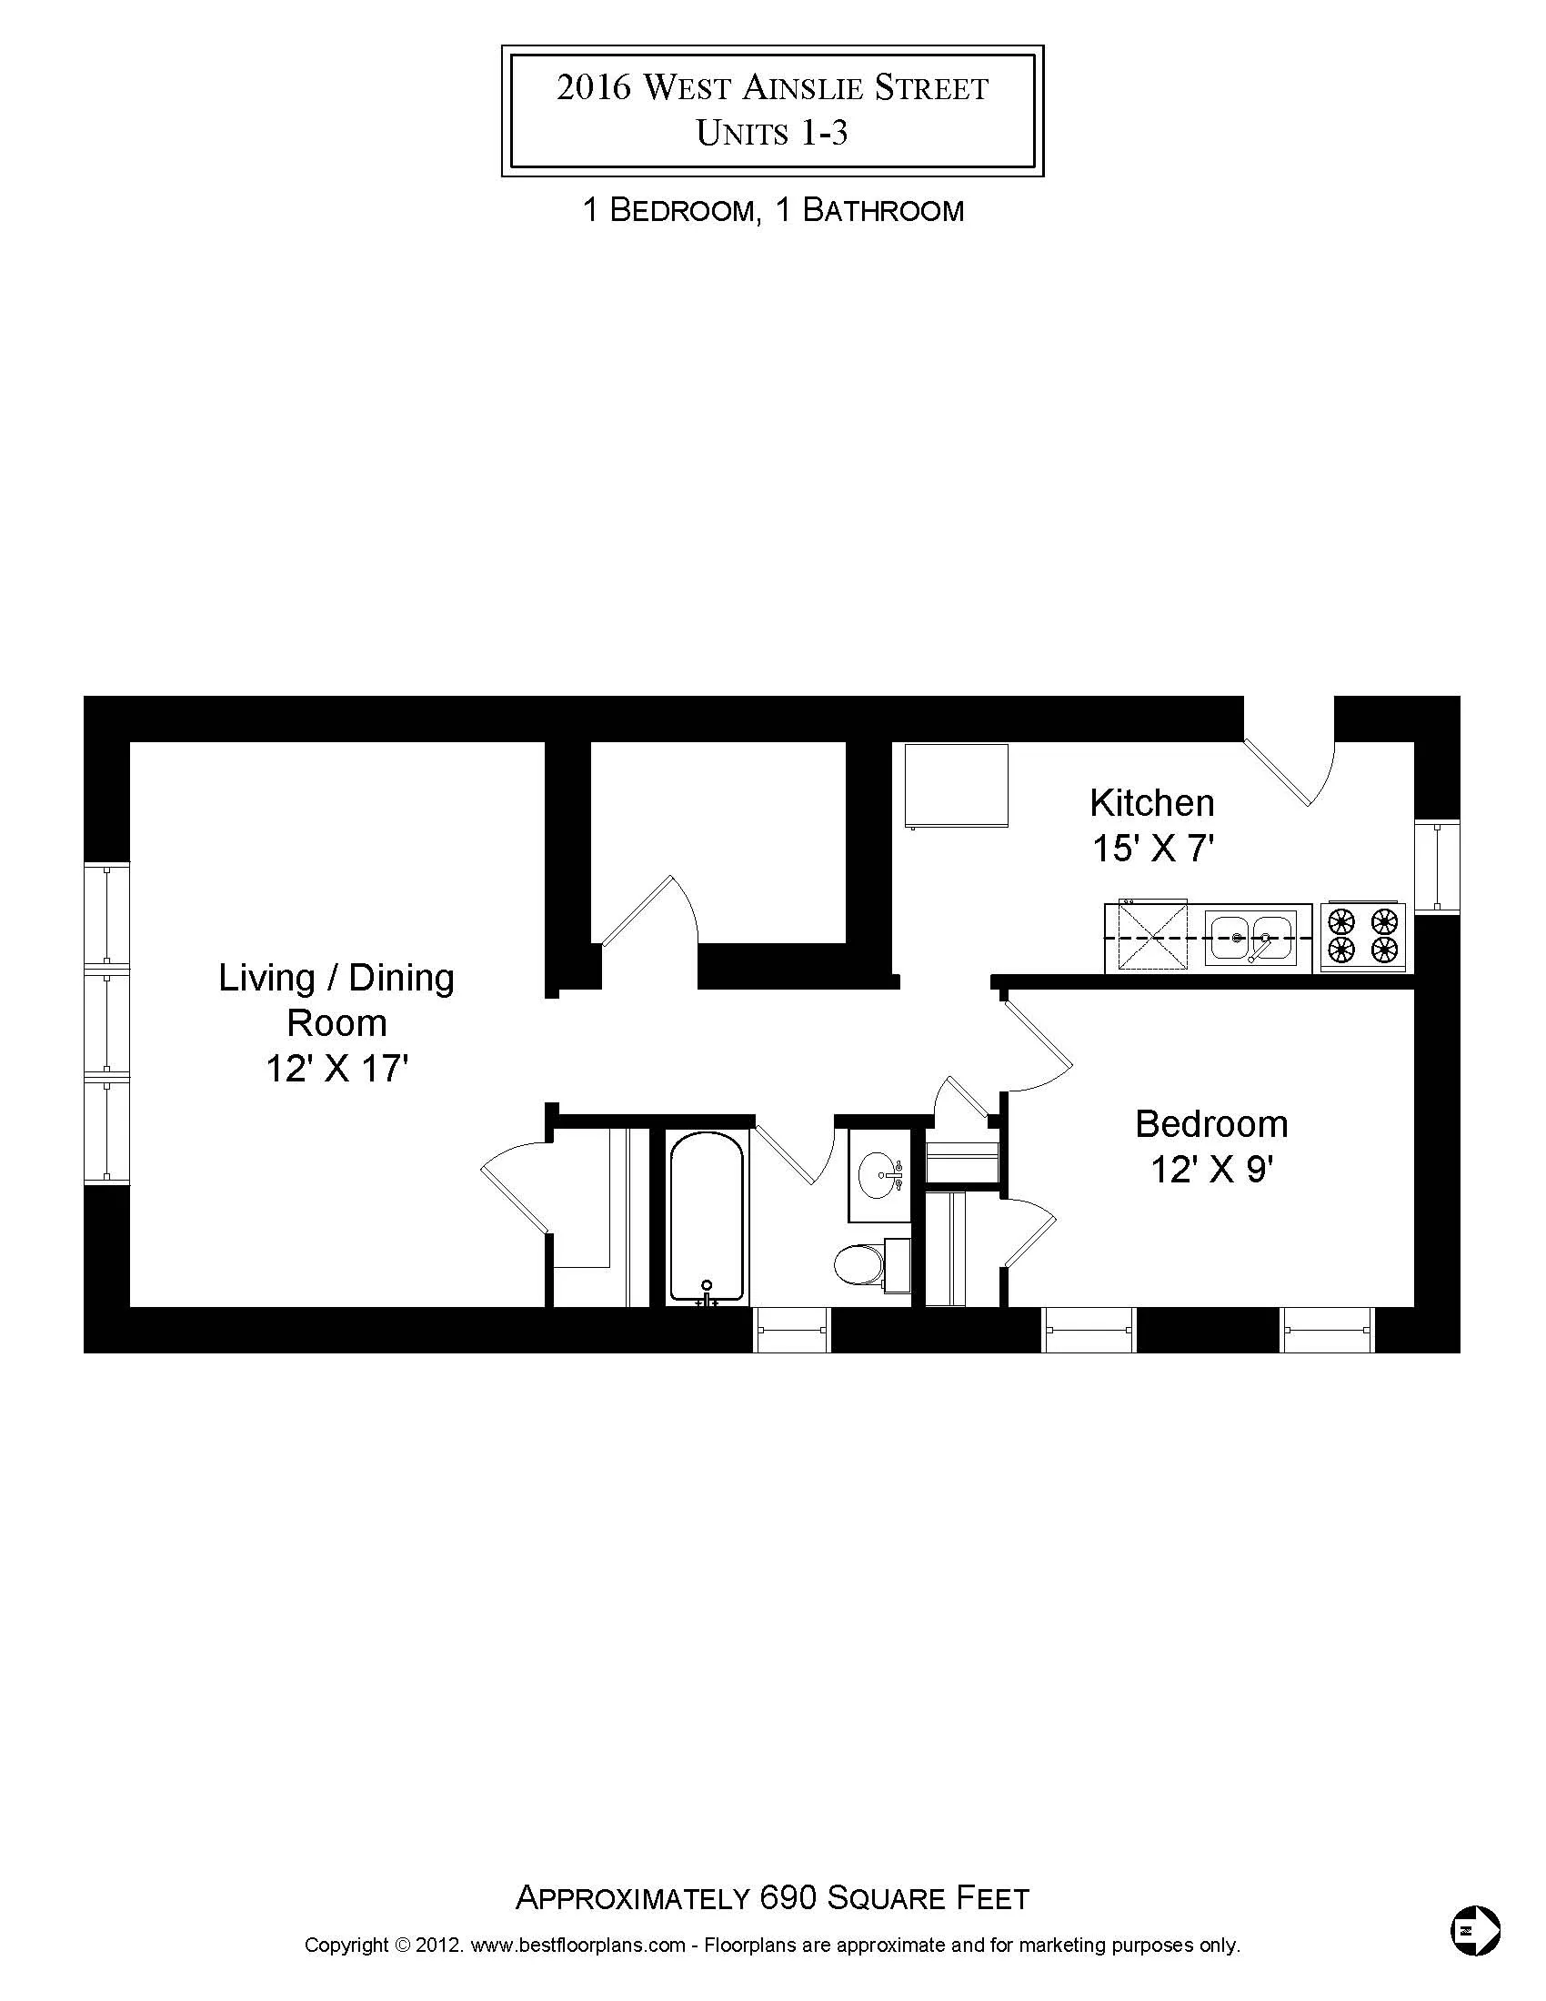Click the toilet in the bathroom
(x=860, y=1264)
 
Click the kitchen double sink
(x=1250, y=937)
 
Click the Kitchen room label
(x=1151, y=802)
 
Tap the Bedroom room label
(x=1210, y=1124)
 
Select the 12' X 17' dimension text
(x=336, y=1069)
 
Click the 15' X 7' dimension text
(x=1151, y=850)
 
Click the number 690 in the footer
(x=788, y=1897)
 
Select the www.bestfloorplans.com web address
(x=577, y=1946)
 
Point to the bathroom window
(x=791, y=1330)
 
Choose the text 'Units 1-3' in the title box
(x=772, y=134)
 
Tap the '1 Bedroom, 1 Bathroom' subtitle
(x=773, y=211)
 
